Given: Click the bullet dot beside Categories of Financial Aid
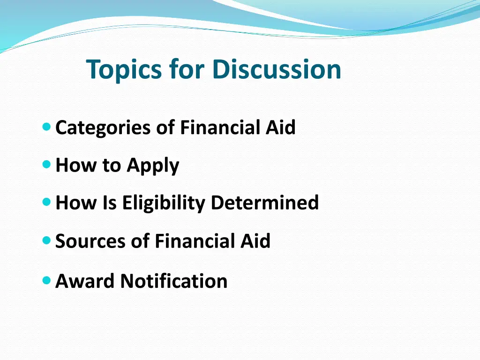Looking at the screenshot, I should point(46,126).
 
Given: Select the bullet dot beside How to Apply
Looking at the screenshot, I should point(46,165).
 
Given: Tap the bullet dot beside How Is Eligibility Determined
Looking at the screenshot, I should point(46,202).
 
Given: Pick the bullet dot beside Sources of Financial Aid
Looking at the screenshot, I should point(46,240).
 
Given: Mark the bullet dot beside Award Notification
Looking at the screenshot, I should point(46,280).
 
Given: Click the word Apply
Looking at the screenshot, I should point(153,166).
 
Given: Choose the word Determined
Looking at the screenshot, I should point(265,203).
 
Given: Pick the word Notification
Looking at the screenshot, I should point(174,281).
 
